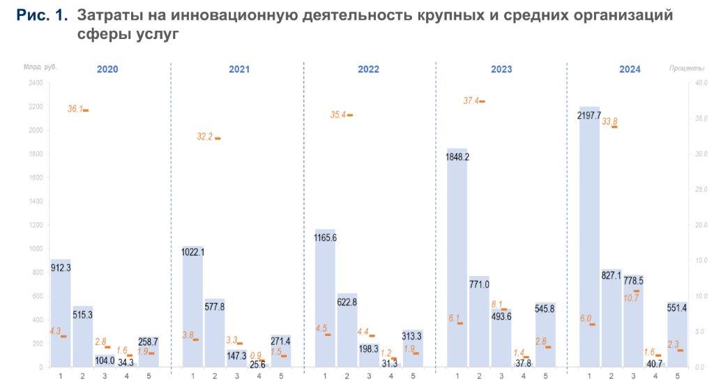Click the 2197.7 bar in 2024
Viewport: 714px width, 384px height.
pos(589,237)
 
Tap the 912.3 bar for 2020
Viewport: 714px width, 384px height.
pos(61,313)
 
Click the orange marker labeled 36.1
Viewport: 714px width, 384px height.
pos(86,110)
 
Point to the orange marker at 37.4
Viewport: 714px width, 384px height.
pos(482,101)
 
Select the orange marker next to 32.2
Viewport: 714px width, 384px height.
pos(218,138)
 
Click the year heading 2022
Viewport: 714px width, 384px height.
pos(369,69)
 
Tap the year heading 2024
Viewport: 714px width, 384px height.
pos(630,69)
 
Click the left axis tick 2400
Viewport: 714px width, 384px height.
pos(36,83)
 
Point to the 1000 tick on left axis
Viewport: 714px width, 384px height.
pos(36,249)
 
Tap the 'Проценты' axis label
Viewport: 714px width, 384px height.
pos(685,68)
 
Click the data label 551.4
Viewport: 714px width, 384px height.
pos(677,307)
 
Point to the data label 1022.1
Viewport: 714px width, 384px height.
pos(192,252)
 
